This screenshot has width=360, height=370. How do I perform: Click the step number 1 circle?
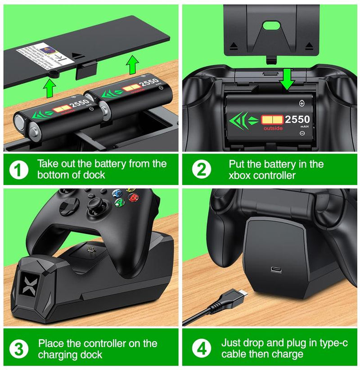[18, 169]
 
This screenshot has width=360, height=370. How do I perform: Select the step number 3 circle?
[18, 349]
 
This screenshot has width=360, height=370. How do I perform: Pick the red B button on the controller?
[133, 198]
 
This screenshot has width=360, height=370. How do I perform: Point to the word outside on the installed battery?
[270, 128]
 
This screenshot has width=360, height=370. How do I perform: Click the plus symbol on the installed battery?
[301, 103]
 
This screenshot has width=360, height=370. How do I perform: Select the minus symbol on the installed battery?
[302, 133]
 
